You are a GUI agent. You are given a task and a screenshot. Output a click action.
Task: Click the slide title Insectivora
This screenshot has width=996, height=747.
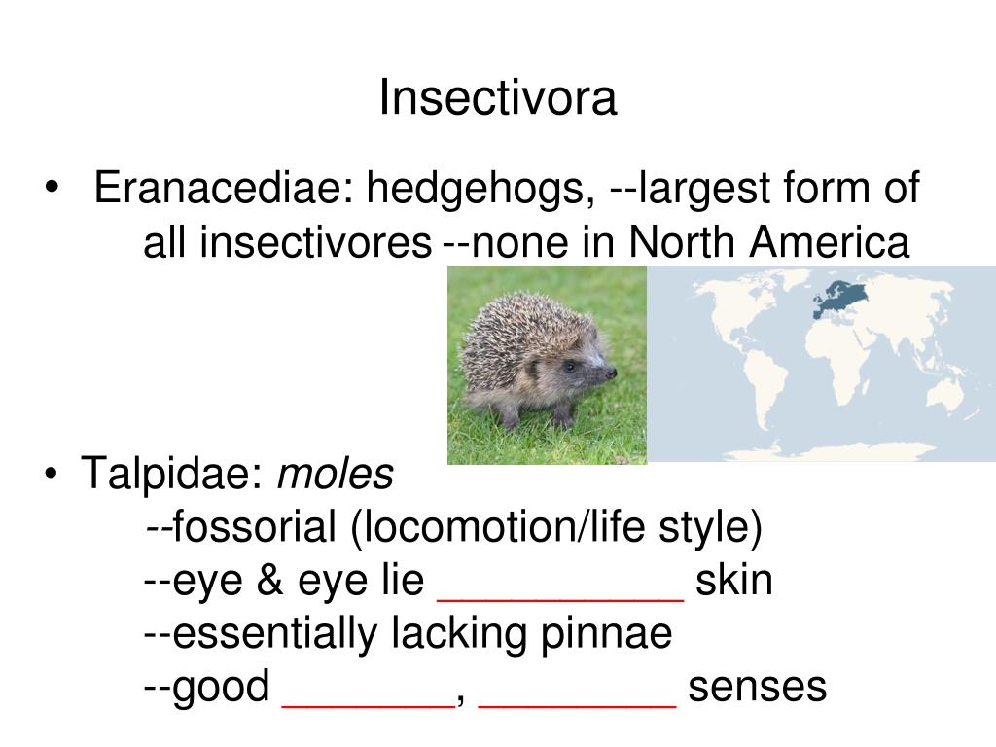click(498, 98)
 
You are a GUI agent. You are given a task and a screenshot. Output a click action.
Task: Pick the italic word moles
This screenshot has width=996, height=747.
click(336, 475)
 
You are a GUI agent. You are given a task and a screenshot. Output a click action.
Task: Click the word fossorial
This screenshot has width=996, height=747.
click(256, 528)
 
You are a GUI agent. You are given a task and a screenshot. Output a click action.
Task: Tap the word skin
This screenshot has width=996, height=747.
click(734, 582)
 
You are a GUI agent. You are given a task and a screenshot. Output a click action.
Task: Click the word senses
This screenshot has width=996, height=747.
click(758, 687)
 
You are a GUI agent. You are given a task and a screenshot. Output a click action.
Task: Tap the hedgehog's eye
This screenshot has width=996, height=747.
click(569, 367)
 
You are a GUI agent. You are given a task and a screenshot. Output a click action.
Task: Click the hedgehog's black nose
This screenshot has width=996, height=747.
click(611, 373)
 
